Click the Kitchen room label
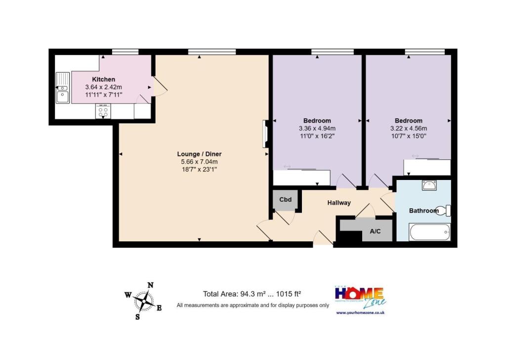pyautogui.click(x=104, y=79)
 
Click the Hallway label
pyautogui.click(x=339, y=203)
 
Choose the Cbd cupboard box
pyautogui.click(x=286, y=200)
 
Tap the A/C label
pyautogui.click(x=375, y=231)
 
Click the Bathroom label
pyautogui.click(x=423, y=211)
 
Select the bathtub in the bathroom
pyautogui.click(x=430, y=231)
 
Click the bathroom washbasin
pyautogui.click(x=428, y=185)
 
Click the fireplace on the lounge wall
pyautogui.click(x=265, y=134)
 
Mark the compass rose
pyautogui.click(x=143, y=300)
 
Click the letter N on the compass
pyautogui.click(x=151, y=285)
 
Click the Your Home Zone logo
pyautogui.click(x=360, y=297)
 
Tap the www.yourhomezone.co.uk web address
pyautogui.click(x=360, y=313)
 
